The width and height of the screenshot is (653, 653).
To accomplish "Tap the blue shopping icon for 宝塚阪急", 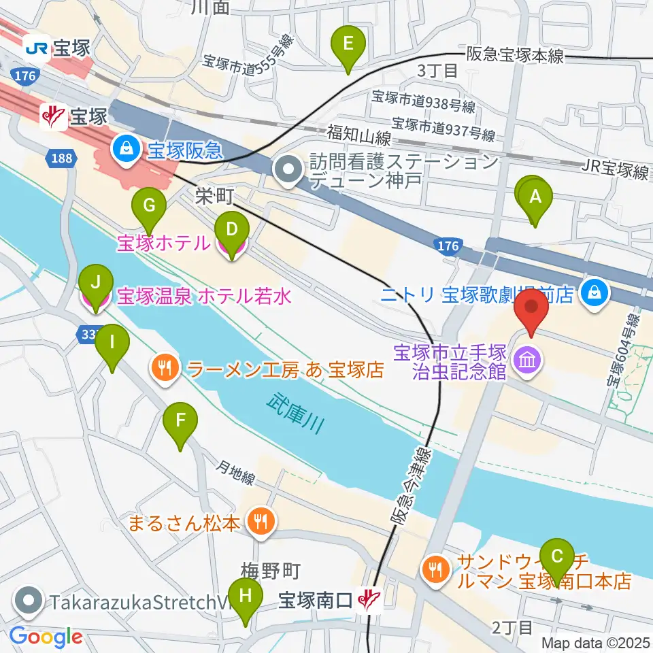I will (x=126, y=146).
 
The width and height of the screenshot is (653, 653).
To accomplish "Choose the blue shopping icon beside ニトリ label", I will (x=595, y=294).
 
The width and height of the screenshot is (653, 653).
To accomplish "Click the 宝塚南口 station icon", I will (x=370, y=599).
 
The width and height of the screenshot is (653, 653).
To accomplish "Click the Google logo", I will (x=46, y=637).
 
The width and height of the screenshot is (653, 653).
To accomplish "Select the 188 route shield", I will (x=58, y=158).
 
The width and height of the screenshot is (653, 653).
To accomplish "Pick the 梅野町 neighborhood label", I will (x=271, y=570).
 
